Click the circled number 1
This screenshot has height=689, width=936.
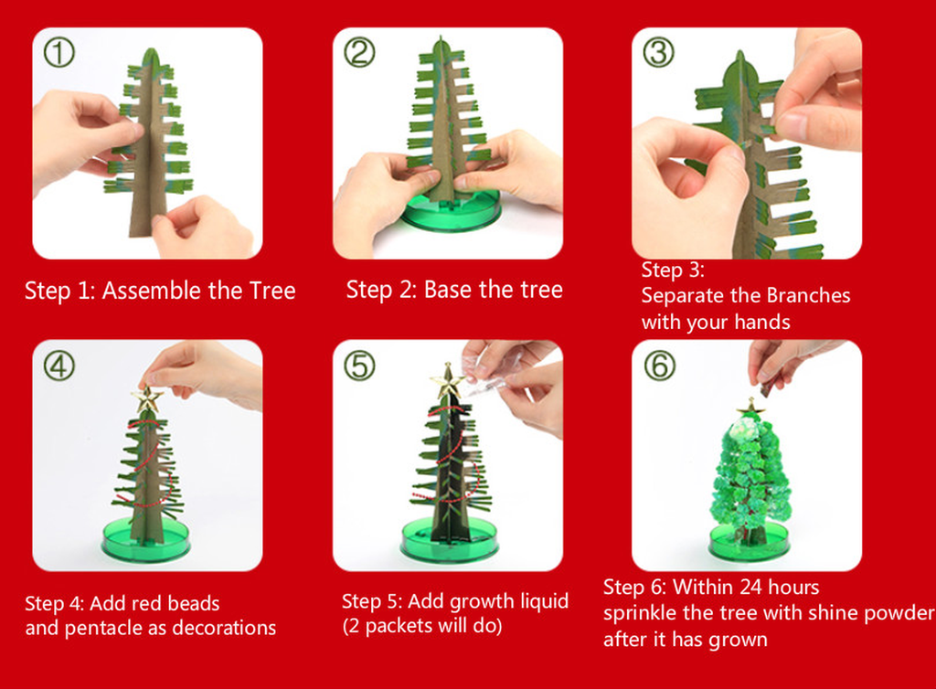(x=59, y=52)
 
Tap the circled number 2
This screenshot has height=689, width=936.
(x=359, y=52)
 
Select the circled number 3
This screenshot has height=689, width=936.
(x=658, y=52)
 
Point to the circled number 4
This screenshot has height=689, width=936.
(x=59, y=366)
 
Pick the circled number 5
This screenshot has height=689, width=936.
(x=359, y=366)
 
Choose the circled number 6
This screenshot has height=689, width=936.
(x=659, y=366)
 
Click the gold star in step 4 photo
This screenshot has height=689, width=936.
(x=147, y=399)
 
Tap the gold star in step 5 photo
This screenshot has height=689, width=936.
(x=447, y=381)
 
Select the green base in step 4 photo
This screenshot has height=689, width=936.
(x=145, y=540)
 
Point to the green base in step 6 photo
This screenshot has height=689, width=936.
(x=749, y=540)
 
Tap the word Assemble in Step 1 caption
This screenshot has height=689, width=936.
(x=152, y=291)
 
